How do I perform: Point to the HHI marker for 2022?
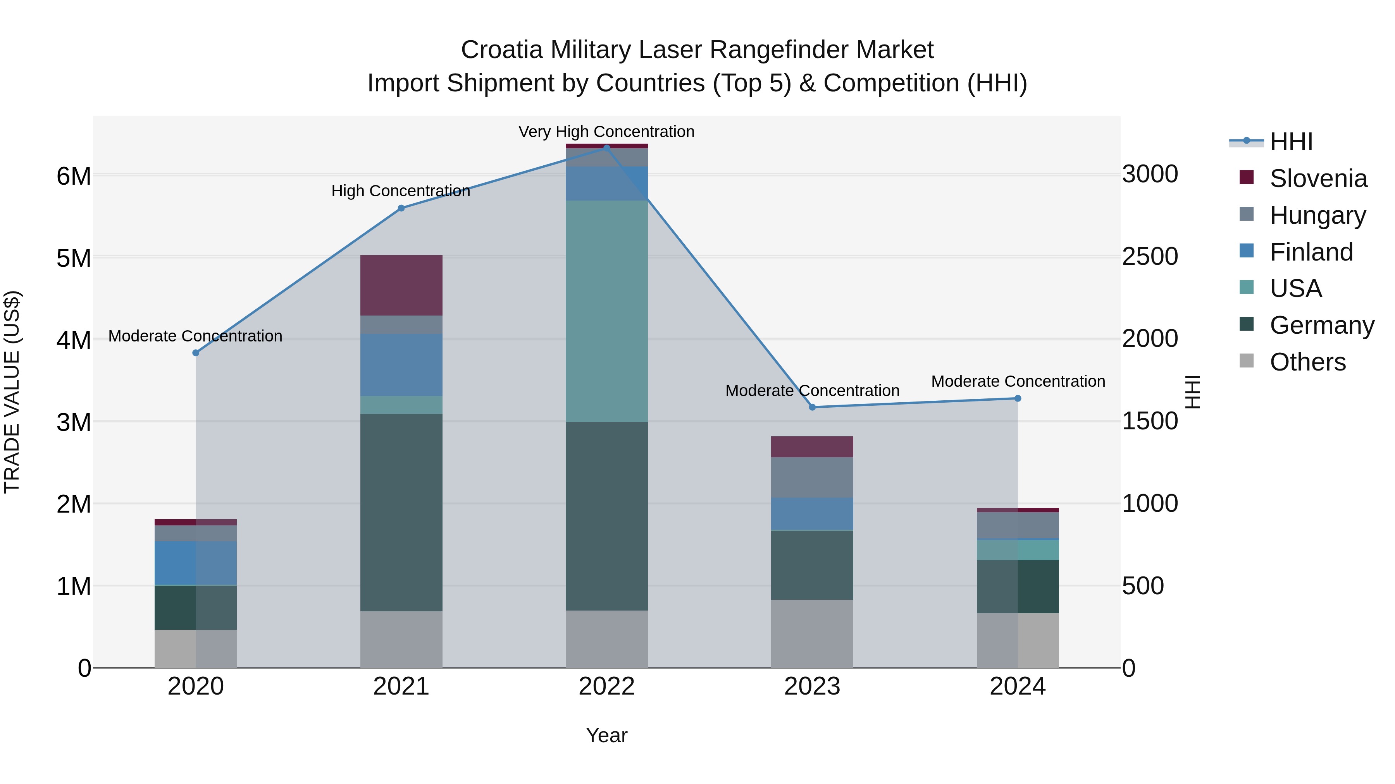[606, 148]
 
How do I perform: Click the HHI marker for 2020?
[196, 353]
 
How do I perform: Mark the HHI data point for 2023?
[812, 407]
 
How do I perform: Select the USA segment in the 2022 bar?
[606, 311]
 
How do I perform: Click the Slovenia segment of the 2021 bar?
[401, 285]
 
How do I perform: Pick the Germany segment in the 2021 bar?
[401, 512]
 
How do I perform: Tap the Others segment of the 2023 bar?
[812, 633]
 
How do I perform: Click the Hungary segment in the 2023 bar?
[812, 477]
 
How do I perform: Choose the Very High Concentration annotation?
[606, 132]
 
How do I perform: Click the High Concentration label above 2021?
[401, 191]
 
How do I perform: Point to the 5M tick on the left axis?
[74, 258]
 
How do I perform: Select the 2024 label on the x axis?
[1017, 686]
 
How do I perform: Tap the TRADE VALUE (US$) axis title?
[12, 392]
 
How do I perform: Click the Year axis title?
[606, 735]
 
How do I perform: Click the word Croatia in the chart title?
[501, 50]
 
